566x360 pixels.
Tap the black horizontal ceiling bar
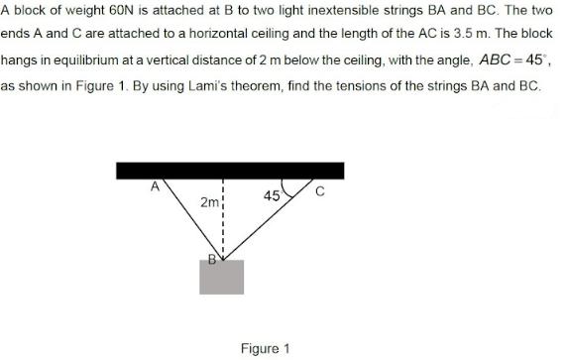230,170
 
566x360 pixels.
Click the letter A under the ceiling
155,185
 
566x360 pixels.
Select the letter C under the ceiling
319,191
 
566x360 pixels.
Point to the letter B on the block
211,261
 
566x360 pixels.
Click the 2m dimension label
209,203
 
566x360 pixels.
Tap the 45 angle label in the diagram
272,195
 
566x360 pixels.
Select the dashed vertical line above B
224,218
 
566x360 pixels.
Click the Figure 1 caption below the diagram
265,348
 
